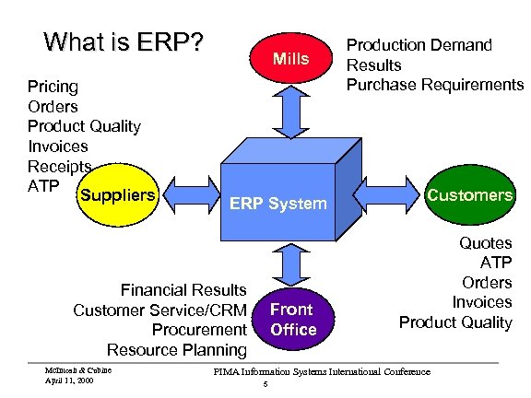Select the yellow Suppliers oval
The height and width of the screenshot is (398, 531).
tap(118, 196)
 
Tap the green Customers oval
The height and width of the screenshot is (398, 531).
tap(470, 195)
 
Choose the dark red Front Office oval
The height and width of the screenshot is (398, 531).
tap(291, 319)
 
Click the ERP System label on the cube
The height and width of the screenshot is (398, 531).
tap(278, 204)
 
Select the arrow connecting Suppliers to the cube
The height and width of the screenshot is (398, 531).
tap(191, 195)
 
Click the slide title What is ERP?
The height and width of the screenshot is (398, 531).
tap(124, 43)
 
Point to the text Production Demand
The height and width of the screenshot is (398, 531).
tap(419, 45)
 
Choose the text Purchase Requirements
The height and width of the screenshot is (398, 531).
tap(434, 85)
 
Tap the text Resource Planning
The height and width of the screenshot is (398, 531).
tap(177, 350)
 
